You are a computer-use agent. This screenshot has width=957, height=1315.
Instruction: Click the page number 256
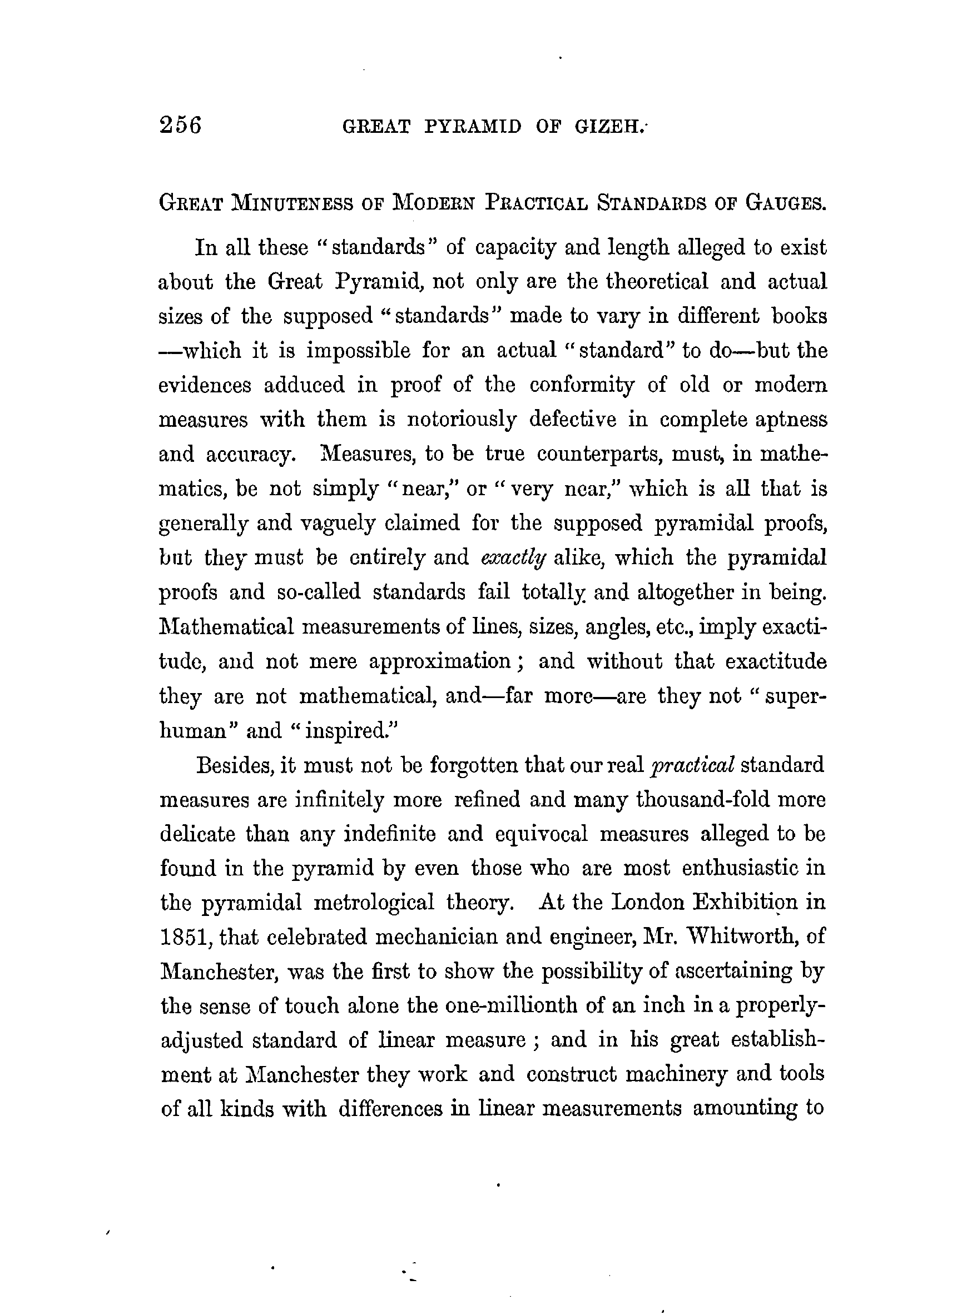click(x=180, y=125)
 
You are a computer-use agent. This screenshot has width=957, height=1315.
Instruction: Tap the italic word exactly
click(x=513, y=558)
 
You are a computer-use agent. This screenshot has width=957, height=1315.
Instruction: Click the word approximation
click(x=440, y=662)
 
